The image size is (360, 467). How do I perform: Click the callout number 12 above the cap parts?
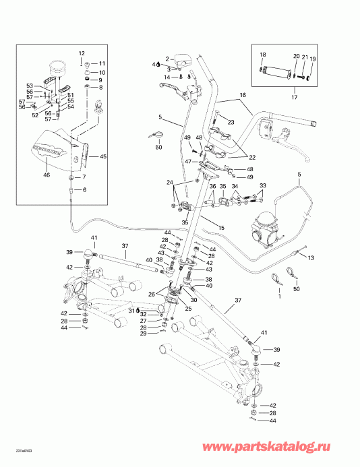coord(82,53)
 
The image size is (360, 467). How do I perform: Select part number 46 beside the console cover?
coord(47,175)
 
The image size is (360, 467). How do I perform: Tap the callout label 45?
coord(103,156)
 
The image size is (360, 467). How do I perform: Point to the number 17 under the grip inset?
coord(293,98)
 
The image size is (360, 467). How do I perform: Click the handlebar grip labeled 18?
coord(278,70)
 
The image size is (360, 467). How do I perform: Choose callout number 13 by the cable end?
coord(311,257)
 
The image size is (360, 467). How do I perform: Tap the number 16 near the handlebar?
coord(241,96)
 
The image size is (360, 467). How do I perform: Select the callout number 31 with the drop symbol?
coord(143,310)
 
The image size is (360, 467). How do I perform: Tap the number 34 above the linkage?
coord(235,187)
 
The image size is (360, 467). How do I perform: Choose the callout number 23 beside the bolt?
coord(231,122)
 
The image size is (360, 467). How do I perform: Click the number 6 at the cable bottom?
coord(85,191)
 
